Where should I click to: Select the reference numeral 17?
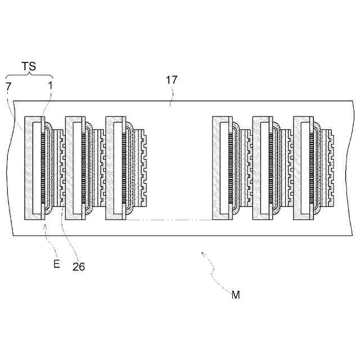(x=172, y=80)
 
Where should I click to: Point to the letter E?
(x=56, y=262)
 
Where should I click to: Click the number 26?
(x=79, y=267)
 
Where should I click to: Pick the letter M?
(x=235, y=294)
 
